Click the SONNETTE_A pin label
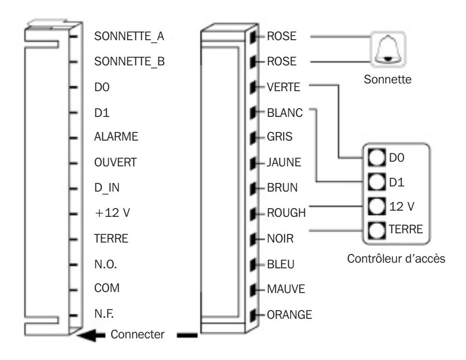click(129, 37)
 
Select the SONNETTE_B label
click(129, 61)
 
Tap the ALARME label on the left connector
click(116, 136)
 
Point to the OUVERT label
click(115, 162)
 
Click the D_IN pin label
click(107, 188)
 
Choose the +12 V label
click(112, 213)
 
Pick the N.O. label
click(106, 264)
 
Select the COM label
click(107, 288)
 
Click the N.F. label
click(104, 314)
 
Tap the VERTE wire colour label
click(284, 87)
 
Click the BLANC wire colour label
click(285, 113)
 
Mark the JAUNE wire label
click(284, 162)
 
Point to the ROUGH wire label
click(286, 213)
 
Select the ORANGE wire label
click(289, 315)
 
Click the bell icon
click(388, 49)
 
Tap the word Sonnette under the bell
click(388, 79)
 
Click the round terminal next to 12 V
click(377, 206)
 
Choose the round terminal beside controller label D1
click(377, 182)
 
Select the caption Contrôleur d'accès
click(396, 259)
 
